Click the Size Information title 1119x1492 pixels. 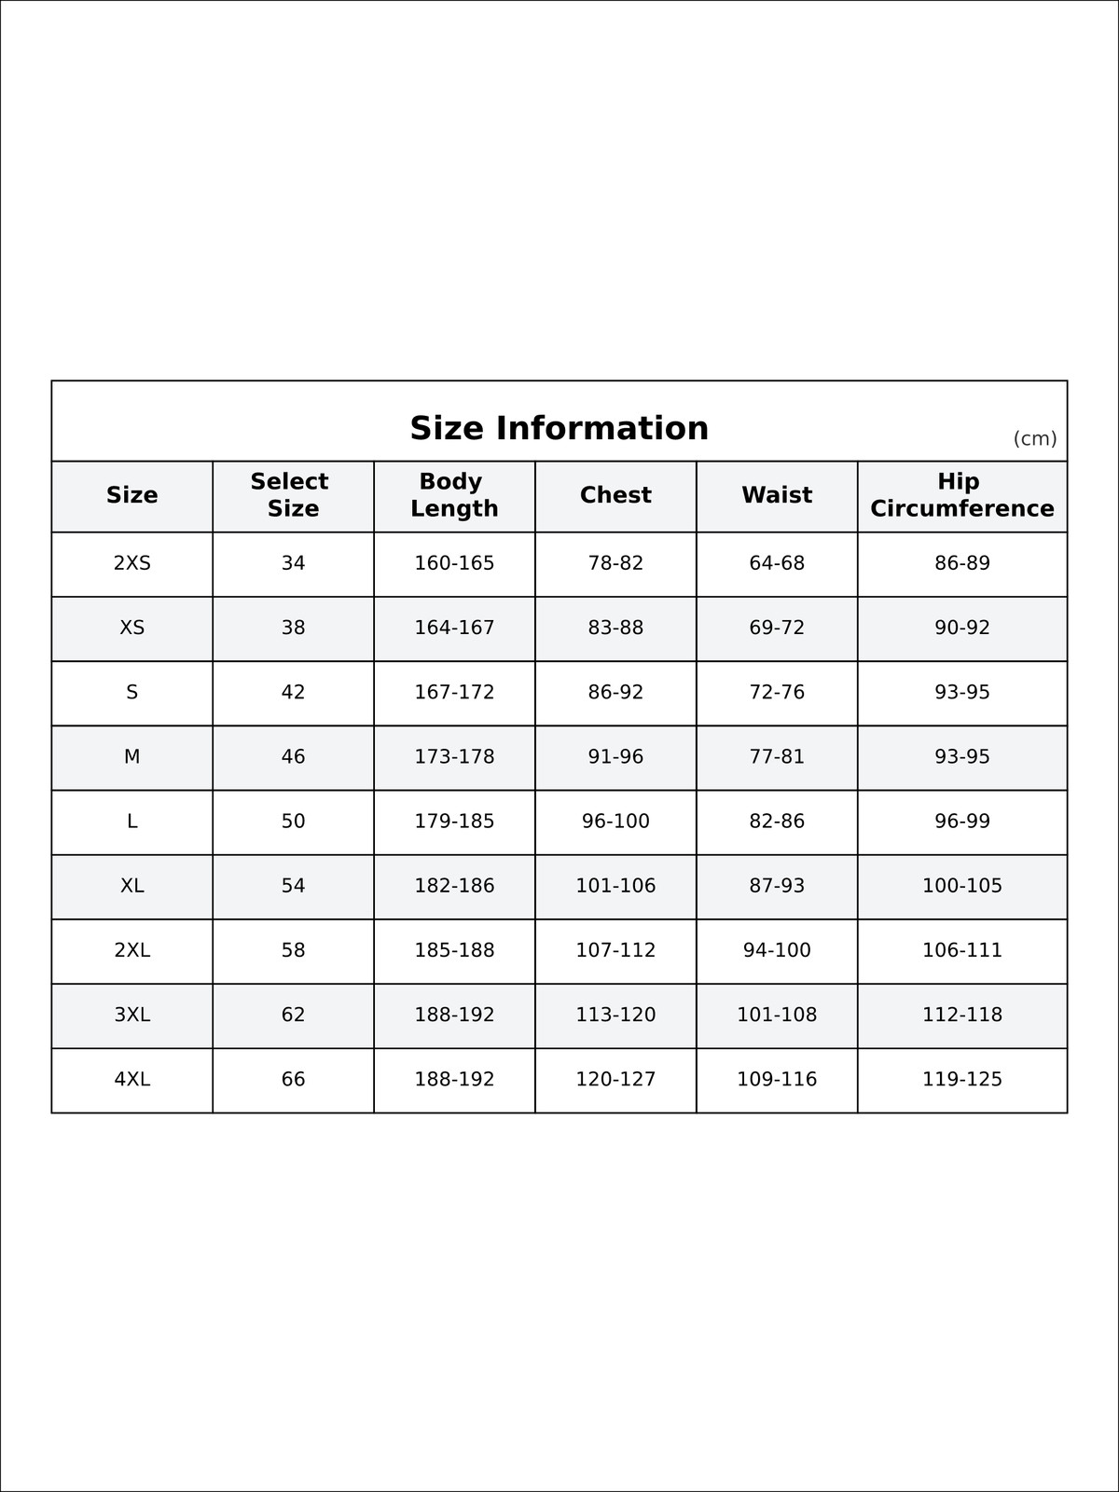pyautogui.click(x=559, y=428)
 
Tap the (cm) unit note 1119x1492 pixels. pyautogui.click(x=1035, y=438)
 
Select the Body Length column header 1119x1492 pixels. pyautogui.click(x=454, y=495)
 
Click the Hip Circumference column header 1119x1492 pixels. pyautogui.click(x=961, y=495)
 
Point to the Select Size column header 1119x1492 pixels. pyautogui.click(x=293, y=495)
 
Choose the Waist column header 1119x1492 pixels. pyautogui.click(x=777, y=495)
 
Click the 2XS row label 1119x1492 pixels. pyautogui.click(x=131, y=563)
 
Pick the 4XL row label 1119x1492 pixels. pyautogui.click(x=131, y=1079)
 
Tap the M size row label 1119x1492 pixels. pyautogui.click(x=131, y=756)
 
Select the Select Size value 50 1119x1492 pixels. pyautogui.click(x=293, y=821)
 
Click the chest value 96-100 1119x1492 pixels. pyautogui.click(x=615, y=821)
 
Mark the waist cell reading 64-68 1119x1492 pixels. pyautogui.click(x=777, y=563)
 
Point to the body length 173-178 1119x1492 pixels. pyautogui.click(x=454, y=756)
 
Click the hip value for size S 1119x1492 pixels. pyautogui.click(x=961, y=692)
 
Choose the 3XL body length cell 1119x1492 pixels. pyautogui.click(x=454, y=1015)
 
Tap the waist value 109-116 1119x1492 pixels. pyautogui.click(x=777, y=1079)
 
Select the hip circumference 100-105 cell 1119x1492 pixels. pyautogui.click(x=961, y=886)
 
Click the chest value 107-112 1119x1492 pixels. pyautogui.click(x=615, y=950)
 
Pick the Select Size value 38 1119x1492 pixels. pyautogui.click(x=293, y=628)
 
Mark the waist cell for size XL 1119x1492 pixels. pyautogui.click(x=777, y=886)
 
